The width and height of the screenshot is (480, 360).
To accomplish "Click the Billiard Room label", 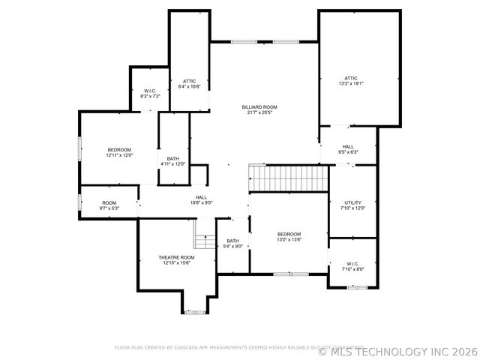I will point(259,107).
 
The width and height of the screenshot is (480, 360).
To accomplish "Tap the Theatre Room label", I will point(175,257).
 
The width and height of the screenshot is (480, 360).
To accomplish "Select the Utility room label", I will point(353,202).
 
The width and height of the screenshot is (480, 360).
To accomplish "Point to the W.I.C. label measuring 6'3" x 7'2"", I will point(150,91).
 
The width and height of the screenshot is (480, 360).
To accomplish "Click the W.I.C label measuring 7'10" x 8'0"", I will point(352,263).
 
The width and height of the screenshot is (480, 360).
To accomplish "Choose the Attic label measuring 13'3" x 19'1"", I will point(351,78).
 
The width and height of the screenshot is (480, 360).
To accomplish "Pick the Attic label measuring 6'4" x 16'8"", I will point(189,81).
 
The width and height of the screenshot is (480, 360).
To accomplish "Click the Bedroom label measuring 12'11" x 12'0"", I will point(119,150).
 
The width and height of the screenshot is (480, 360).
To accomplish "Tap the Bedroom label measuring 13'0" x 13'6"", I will point(289,234).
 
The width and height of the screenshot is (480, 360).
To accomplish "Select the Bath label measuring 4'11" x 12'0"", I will point(172,158).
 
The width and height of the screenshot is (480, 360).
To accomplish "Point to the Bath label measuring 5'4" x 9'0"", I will point(233,241).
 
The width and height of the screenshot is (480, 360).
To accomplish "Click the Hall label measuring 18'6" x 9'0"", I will point(201,197).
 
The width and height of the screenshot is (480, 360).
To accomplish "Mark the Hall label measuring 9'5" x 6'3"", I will point(348,147).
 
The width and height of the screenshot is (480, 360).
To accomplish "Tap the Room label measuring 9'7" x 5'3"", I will point(109,202).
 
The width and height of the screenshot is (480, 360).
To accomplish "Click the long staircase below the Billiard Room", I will point(289,178).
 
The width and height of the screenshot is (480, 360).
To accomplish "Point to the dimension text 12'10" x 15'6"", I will point(175,262).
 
